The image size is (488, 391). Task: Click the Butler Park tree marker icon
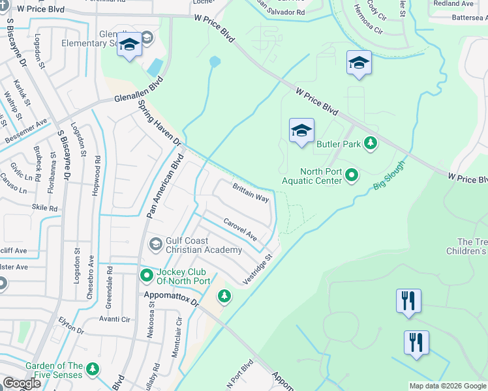click(371, 143)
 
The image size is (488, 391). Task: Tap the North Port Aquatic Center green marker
click(352, 175)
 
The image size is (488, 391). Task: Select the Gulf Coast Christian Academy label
click(204, 245)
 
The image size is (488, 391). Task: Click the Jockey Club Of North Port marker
click(147, 276)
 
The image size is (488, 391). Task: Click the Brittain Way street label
click(251, 193)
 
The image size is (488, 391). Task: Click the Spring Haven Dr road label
click(162, 124)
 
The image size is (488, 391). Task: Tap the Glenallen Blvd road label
click(138, 92)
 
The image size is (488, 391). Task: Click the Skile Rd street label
click(44, 208)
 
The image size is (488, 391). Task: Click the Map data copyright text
click(447, 386)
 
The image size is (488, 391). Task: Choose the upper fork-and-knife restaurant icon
click(409, 301)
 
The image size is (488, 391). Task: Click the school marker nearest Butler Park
click(301, 130)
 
